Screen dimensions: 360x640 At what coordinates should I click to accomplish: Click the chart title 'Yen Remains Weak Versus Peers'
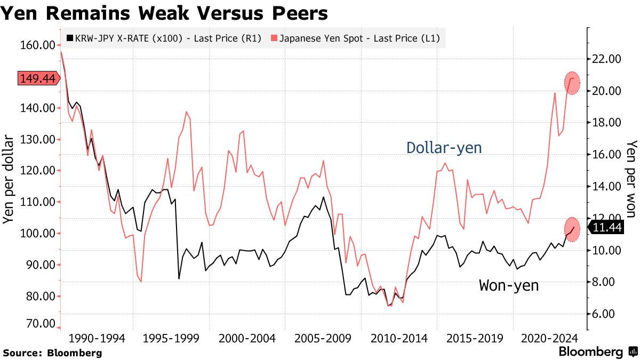coord(164,13)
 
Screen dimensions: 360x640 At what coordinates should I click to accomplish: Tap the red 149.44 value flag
coord(37,78)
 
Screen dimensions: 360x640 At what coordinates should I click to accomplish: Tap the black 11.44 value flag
coord(607,228)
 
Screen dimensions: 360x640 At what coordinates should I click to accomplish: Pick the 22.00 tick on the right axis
coord(607,59)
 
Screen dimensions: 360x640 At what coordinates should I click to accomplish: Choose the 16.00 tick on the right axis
coord(607,155)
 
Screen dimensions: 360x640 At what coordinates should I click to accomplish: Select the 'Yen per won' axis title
coord(631,179)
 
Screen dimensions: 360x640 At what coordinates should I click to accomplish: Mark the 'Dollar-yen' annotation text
coord(444,148)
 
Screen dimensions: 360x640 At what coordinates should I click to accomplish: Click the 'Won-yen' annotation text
coord(509,285)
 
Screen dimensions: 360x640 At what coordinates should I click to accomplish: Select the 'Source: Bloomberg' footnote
coord(52,353)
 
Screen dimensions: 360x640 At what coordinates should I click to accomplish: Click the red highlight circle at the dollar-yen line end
coord(572,83)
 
